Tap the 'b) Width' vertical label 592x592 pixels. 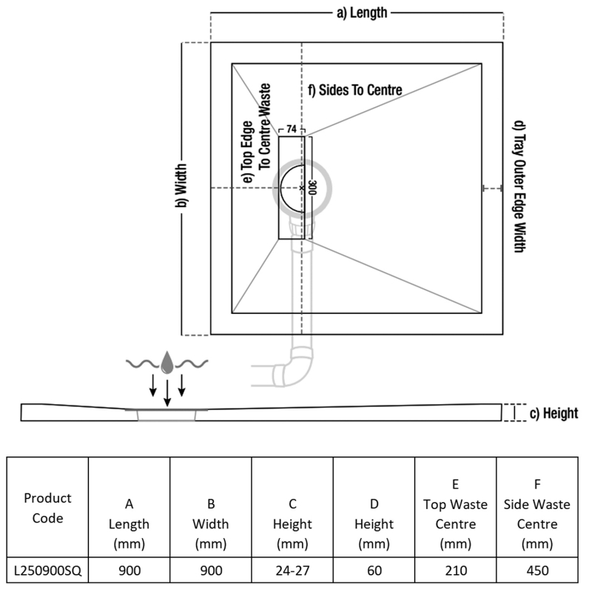point(180,188)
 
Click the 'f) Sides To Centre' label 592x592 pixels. point(355,90)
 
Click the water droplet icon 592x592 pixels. point(168,360)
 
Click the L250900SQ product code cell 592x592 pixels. point(48,571)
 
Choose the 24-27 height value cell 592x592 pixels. point(292,571)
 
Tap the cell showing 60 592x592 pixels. point(374,571)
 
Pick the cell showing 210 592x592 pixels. point(455,571)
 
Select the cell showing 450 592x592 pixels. point(536,571)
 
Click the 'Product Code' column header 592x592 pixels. point(48,507)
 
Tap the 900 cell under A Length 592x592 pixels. point(129,571)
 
